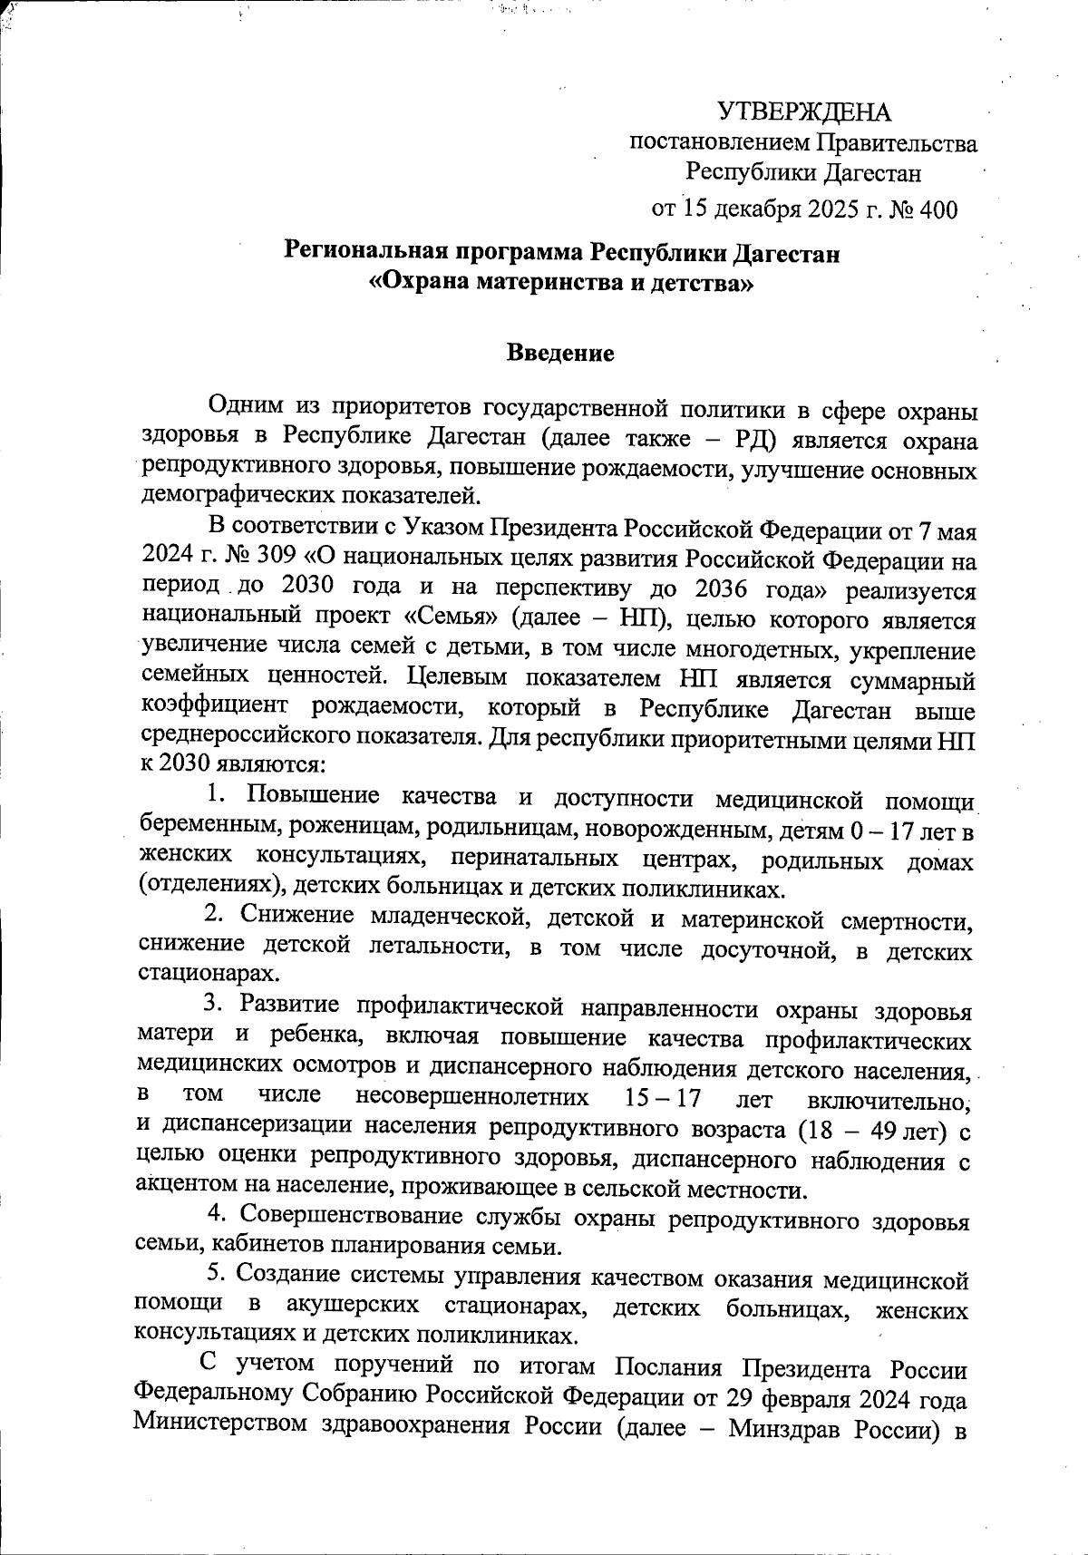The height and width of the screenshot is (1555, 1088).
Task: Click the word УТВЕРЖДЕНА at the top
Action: click(x=805, y=112)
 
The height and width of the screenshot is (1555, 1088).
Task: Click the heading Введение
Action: click(x=559, y=353)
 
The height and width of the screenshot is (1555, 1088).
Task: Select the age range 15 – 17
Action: click(x=664, y=1097)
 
